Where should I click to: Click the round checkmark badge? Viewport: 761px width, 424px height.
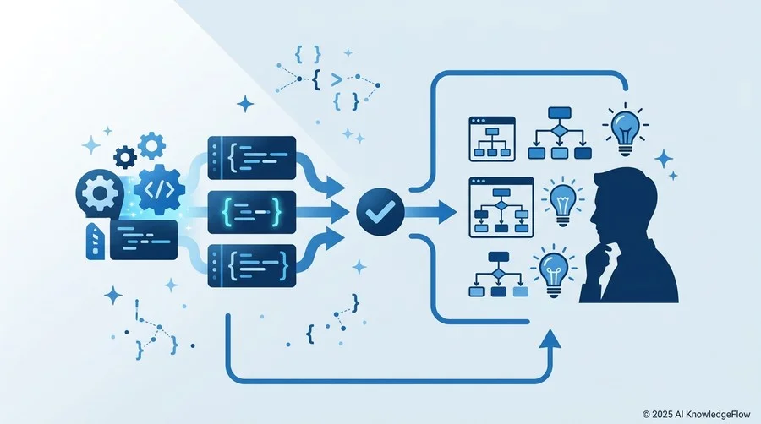pyautogui.click(x=380, y=212)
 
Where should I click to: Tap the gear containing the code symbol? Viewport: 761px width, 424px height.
pyautogui.click(x=159, y=189)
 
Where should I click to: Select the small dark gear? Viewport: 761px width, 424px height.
pyautogui.click(x=125, y=157)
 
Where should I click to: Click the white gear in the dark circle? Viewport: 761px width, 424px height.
pyautogui.click(x=100, y=193)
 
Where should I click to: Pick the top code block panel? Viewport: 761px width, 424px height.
pyautogui.click(x=252, y=157)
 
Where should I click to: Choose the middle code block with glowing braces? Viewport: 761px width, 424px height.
pyautogui.click(x=252, y=212)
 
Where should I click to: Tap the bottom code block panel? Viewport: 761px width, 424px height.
pyautogui.click(x=252, y=266)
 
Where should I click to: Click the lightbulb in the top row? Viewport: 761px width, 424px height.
pyautogui.click(x=626, y=129)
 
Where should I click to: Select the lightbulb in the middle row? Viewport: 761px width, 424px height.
pyautogui.click(x=562, y=202)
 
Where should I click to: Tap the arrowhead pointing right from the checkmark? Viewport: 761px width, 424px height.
pyautogui.click(x=446, y=212)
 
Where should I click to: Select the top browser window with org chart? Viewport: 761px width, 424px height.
pyautogui.click(x=492, y=139)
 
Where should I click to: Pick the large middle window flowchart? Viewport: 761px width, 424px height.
pyautogui.click(x=501, y=208)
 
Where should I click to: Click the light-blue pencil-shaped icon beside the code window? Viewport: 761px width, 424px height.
pyautogui.click(x=95, y=242)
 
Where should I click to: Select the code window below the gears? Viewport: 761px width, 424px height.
pyautogui.click(x=144, y=240)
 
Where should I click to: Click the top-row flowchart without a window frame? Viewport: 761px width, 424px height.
pyautogui.click(x=560, y=133)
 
